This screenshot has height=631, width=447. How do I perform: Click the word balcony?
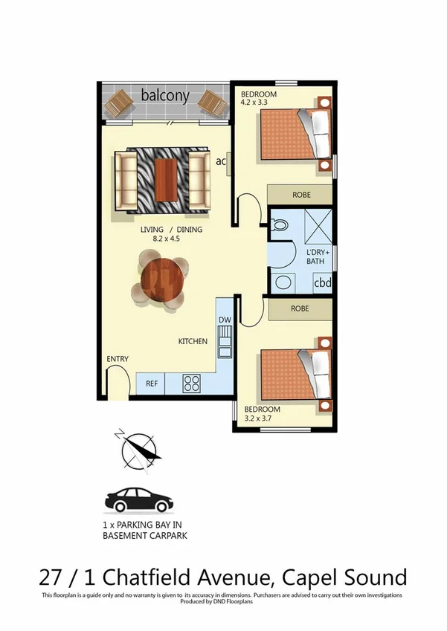(165, 96)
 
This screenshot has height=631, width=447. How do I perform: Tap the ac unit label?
(221, 161)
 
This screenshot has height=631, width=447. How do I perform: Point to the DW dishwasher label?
(224, 320)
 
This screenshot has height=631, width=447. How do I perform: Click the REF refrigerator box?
(151, 384)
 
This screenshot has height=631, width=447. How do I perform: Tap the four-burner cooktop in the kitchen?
(192, 384)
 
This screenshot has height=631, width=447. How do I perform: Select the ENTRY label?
(118, 359)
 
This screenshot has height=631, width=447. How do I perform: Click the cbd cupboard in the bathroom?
(321, 283)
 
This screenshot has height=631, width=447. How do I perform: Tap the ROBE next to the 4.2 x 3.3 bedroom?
(300, 195)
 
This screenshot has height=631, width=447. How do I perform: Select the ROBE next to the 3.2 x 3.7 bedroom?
(300, 308)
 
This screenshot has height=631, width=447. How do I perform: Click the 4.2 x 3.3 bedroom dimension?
(256, 104)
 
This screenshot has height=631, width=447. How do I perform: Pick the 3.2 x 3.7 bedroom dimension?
(261, 419)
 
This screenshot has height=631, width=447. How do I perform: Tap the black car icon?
(139, 500)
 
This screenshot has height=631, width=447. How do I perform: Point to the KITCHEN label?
(192, 342)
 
